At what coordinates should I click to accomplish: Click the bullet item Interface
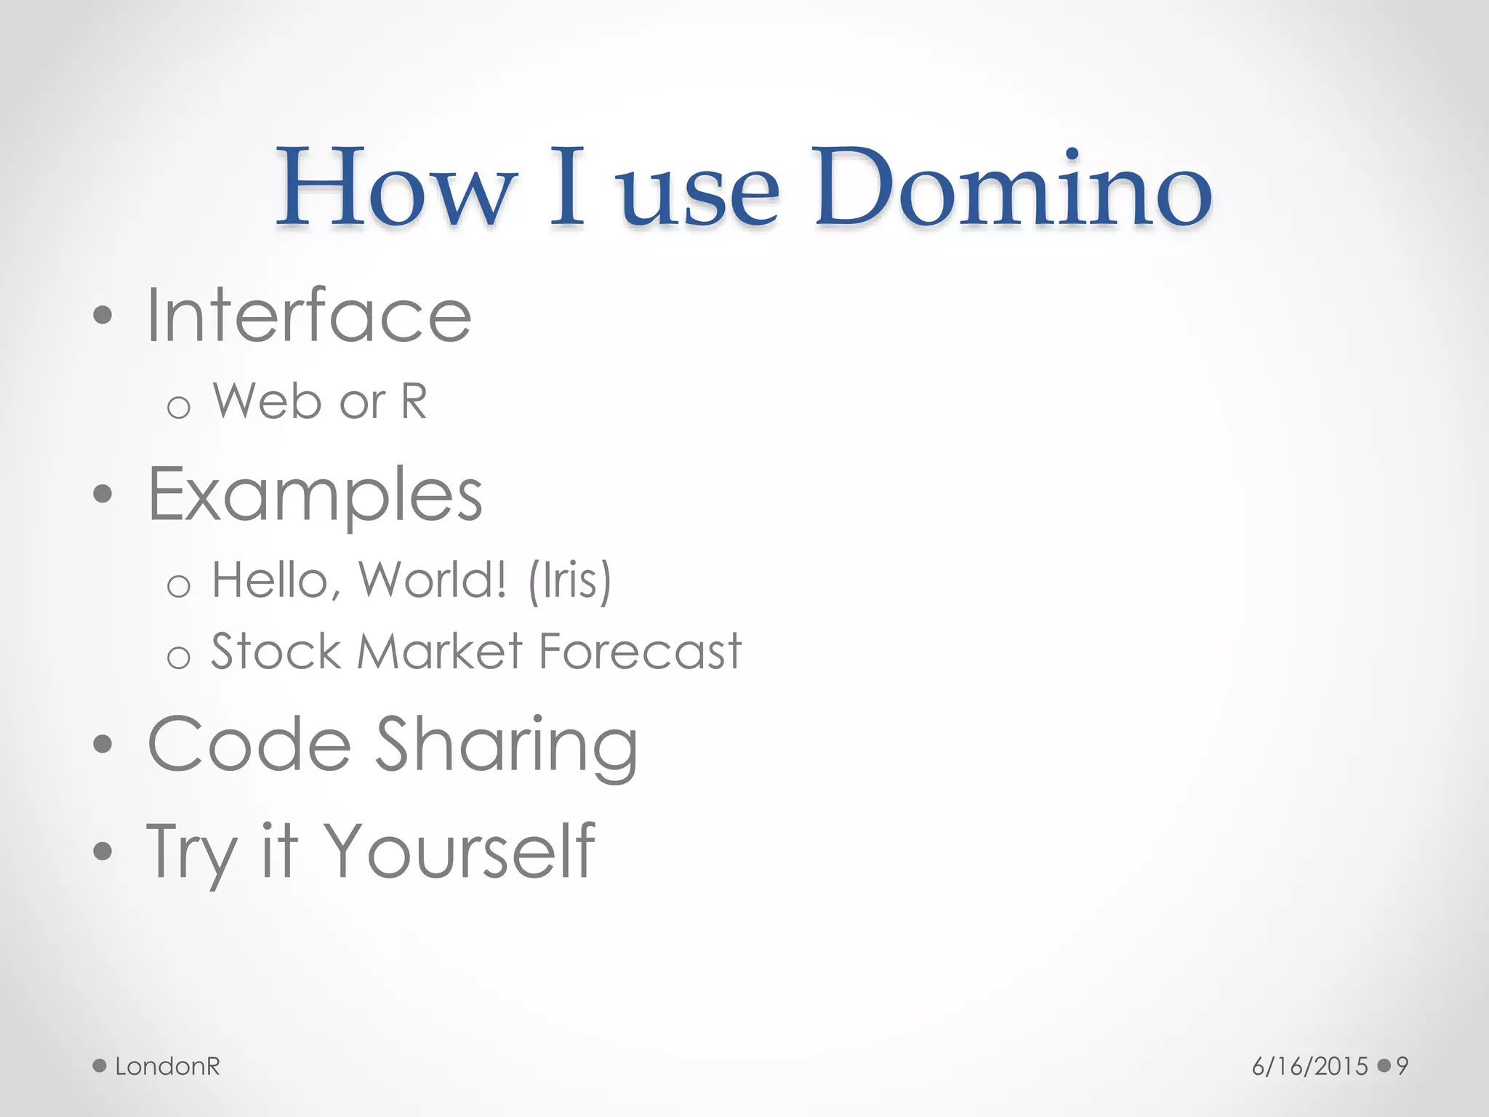[x=309, y=316]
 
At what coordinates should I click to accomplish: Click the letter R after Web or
[x=414, y=401]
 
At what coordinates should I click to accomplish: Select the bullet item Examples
[x=315, y=495]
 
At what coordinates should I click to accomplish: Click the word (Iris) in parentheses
[x=570, y=581]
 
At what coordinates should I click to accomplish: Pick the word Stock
[x=276, y=651]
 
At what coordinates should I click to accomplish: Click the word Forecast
[x=640, y=651]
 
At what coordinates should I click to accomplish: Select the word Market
[x=440, y=651]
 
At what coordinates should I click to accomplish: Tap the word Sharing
[x=507, y=745]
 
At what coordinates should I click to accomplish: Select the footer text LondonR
[x=167, y=1067]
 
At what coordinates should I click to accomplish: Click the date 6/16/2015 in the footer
[x=1309, y=1067]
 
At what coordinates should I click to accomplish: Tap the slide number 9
[x=1402, y=1067]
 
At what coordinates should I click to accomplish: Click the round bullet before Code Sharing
[x=103, y=744]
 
